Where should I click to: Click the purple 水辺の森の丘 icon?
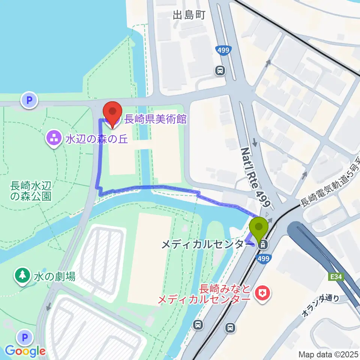54,139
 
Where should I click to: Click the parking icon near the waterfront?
29,100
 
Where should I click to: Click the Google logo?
25,351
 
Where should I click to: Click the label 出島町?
189,15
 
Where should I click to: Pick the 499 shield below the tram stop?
264,259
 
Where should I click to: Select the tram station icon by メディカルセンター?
263,245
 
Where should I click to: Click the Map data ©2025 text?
328,354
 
